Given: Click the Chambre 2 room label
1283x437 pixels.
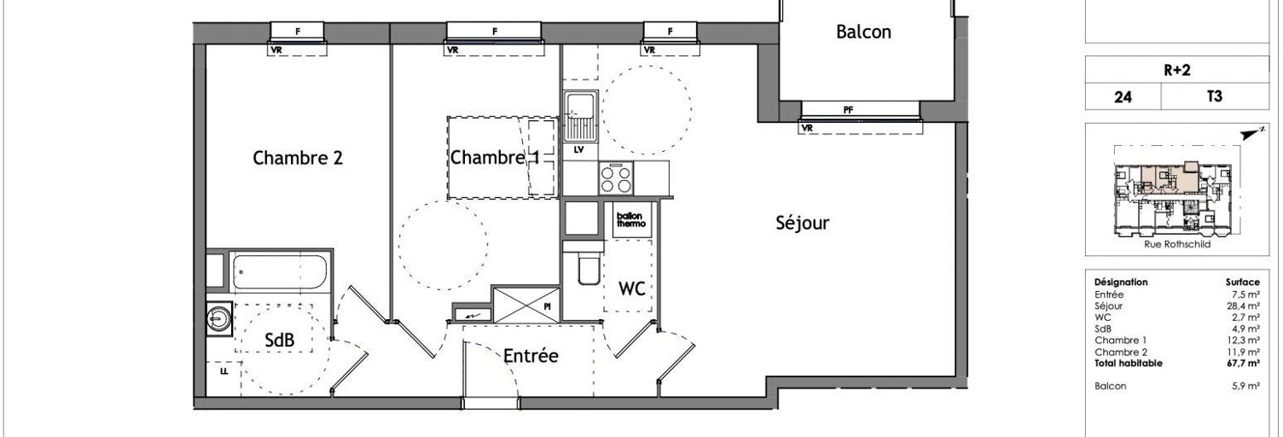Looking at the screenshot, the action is pyautogui.click(x=298, y=158).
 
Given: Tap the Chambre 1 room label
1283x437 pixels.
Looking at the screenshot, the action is pyautogui.click(x=495, y=158).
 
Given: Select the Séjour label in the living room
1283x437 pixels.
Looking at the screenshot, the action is pyautogui.click(x=803, y=223).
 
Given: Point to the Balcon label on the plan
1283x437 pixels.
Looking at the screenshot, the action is pyautogui.click(x=864, y=32).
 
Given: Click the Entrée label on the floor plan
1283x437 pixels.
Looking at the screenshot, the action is pyautogui.click(x=531, y=356).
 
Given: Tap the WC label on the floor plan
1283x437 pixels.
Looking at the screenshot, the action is pyautogui.click(x=632, y=288).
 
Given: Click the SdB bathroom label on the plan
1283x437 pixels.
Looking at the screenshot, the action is pyautogui.click(x=280, y=341).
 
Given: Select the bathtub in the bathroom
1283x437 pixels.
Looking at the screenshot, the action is pyautogui.click(x=280, y=272).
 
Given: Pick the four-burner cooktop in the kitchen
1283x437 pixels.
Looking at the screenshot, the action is pyautogui.click(x=616, y=178).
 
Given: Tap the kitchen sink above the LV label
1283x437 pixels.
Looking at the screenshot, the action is pyautogui.click(x=580, y=116).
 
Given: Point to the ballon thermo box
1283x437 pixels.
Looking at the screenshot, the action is pyautogui.click(x=631, y=219).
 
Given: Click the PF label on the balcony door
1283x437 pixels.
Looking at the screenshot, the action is pyautogui.click(x=848, y=109).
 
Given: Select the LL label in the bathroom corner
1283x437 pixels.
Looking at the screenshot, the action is pyautogui.click(x=224, y=371).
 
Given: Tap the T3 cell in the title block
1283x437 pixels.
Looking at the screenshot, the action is pyautogui.click(x=1214, y=96).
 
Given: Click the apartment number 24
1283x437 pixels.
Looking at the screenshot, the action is pyautogui.click(x=1123, y=96).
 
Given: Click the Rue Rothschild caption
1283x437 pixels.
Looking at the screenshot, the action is pyautogui.click(x=1177, y=244).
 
